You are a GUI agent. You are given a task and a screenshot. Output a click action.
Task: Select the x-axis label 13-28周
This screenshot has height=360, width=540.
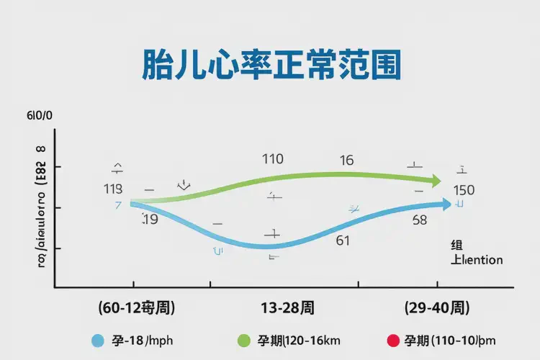(287, 308)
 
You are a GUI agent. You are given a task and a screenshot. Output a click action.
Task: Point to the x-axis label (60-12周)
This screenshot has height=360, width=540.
(137, 308)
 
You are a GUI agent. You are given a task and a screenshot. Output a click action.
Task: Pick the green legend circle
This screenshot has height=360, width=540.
(243, 341)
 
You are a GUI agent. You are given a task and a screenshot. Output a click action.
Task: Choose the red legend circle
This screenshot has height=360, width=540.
(392, 341)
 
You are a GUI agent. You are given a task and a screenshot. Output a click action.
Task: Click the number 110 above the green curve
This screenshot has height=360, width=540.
(272, 159)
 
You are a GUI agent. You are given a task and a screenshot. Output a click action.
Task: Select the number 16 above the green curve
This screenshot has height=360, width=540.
(346, 160)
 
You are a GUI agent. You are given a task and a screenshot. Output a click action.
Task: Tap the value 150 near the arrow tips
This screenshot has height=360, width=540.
(464, 190)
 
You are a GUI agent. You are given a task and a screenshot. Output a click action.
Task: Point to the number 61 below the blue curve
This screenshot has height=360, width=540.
(343, 240)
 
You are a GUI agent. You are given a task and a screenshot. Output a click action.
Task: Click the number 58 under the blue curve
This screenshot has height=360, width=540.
(420, 220)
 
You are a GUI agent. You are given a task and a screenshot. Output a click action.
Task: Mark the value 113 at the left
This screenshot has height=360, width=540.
(113, 189)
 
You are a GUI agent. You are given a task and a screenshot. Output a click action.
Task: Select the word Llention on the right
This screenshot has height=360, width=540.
(477, 260)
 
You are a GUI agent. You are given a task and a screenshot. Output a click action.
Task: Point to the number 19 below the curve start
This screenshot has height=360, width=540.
(150, 219)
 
